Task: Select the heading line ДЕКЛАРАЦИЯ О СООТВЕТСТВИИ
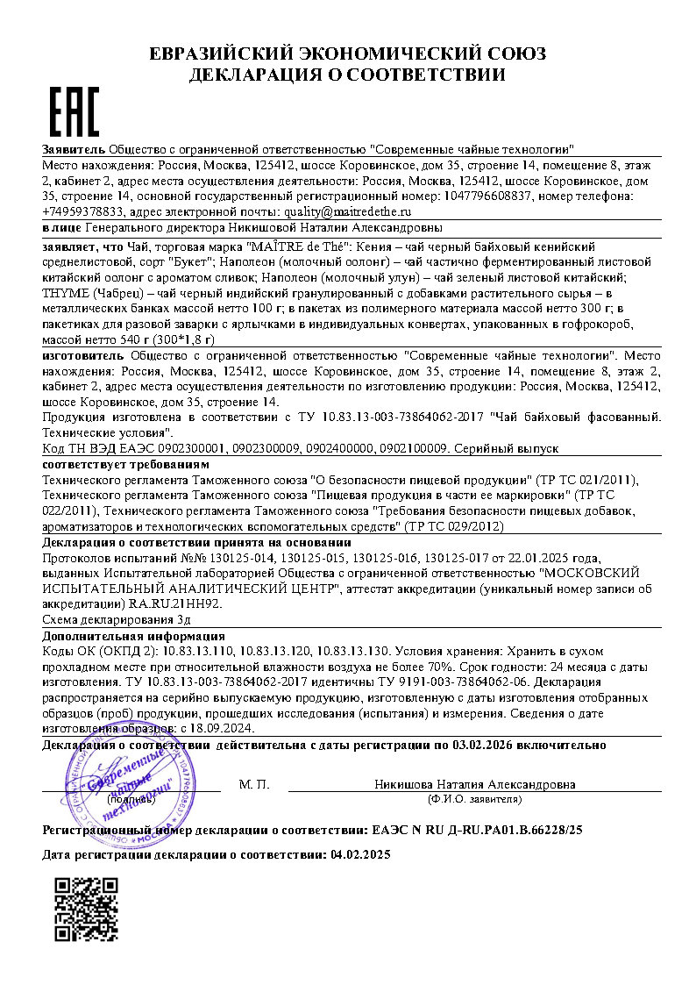[x=347, y=75]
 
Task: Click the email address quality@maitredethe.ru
[x=347, y=211]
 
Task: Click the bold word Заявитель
[x=74, y=150]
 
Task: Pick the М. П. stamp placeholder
[x=253, y=783]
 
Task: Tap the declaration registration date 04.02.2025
[x=359, y=853]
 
